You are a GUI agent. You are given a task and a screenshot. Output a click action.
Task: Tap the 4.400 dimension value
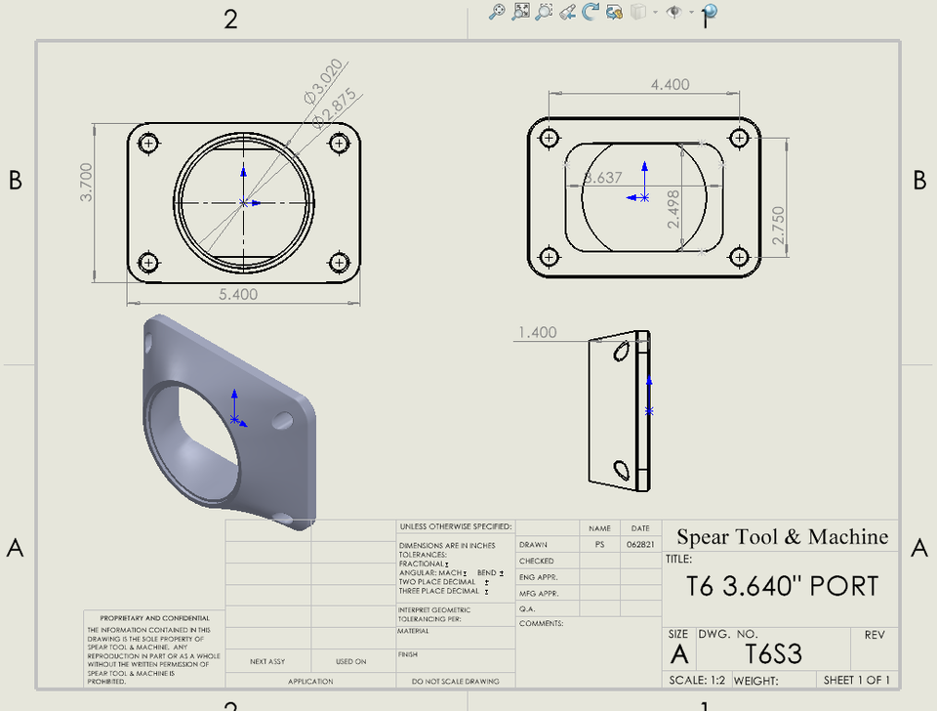coord(670,85)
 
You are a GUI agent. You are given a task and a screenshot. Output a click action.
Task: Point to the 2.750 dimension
coord(777,224)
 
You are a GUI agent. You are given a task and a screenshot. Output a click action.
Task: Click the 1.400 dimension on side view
coord(537,332)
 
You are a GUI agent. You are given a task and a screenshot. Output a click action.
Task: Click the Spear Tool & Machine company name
coord(782,536)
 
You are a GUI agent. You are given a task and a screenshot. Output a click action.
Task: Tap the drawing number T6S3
coord(773,653)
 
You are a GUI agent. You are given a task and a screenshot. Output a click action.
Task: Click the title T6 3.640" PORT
coord(782,586)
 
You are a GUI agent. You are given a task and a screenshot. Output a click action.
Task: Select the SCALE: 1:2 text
coord(697,681)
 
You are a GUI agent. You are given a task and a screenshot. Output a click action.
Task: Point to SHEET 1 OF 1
coord(856,681)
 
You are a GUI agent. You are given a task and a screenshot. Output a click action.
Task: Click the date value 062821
coord(640,545)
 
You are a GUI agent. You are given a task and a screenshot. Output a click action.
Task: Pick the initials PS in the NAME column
coord(599,545)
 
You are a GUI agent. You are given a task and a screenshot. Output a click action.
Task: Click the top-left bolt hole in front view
coord(149,145)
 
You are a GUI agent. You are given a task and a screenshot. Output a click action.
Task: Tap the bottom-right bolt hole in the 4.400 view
coord(741,257)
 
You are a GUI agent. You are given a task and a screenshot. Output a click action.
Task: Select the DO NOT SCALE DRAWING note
coord(455,681)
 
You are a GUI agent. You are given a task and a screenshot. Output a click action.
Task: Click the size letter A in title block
coord(678,653)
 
